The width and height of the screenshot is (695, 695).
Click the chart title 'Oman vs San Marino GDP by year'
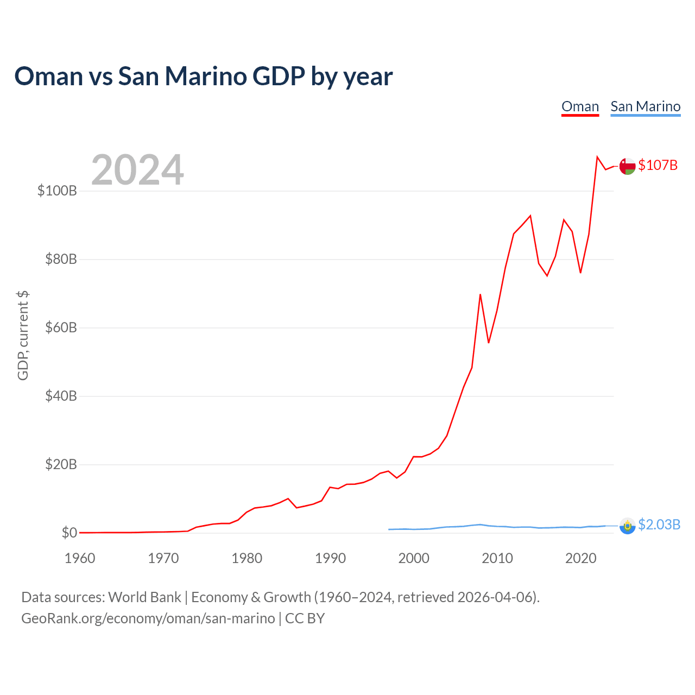tap(204, 77)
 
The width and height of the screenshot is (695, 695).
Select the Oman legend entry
tap(580, 106)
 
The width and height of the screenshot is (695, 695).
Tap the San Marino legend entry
tap(645, 106)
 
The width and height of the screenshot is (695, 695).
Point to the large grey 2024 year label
tap(137, 169)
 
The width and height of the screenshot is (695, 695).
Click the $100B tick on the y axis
tap(58, 191)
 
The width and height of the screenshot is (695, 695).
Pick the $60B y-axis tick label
tap(61, 327)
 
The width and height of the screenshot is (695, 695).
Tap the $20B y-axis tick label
tap(61, 464)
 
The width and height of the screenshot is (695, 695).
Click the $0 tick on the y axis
tap(69, 532)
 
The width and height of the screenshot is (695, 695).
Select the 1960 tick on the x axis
tap(80, 558)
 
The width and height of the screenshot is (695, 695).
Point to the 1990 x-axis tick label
tap(330, 558)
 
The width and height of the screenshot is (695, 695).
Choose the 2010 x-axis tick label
tap(497, 558)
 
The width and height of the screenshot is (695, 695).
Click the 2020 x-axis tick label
tap(580, 558)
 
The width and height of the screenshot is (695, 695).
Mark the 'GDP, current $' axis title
tap(23, 336)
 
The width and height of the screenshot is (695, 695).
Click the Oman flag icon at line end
tap(627, 166)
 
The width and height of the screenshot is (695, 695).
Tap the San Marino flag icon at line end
tap(627, 526)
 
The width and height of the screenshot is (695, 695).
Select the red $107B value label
tap(658, 165)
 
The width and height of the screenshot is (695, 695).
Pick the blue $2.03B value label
tap(659, 525)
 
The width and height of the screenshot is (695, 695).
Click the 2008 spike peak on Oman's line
tap(480, 294)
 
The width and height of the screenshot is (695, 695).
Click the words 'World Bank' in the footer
tap(144, 597)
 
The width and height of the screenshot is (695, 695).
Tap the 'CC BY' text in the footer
tap(305, 618)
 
